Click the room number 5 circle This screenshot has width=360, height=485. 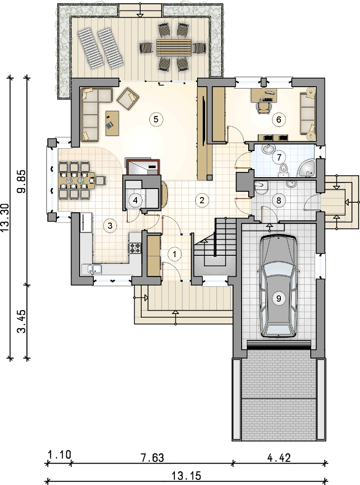click(155, 119)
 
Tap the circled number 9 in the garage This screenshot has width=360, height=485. click(279, 298)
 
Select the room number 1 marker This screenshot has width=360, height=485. click(175, 254)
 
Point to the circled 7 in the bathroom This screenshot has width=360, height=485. click(279, 157)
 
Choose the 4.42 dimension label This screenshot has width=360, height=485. click(279, 458)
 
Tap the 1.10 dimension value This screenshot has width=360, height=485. click(59, 455)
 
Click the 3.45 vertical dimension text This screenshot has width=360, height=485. click(21, 321)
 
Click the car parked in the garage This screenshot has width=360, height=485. click(279, 286)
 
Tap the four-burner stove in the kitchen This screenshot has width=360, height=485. click(135, 248)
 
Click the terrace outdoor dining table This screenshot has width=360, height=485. click(174, 48)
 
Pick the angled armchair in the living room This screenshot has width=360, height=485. click(128, 99)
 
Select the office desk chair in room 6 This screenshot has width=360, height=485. click(263, 108)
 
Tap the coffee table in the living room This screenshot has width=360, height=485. click(112, 123)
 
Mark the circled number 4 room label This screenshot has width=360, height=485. click(135, 200)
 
